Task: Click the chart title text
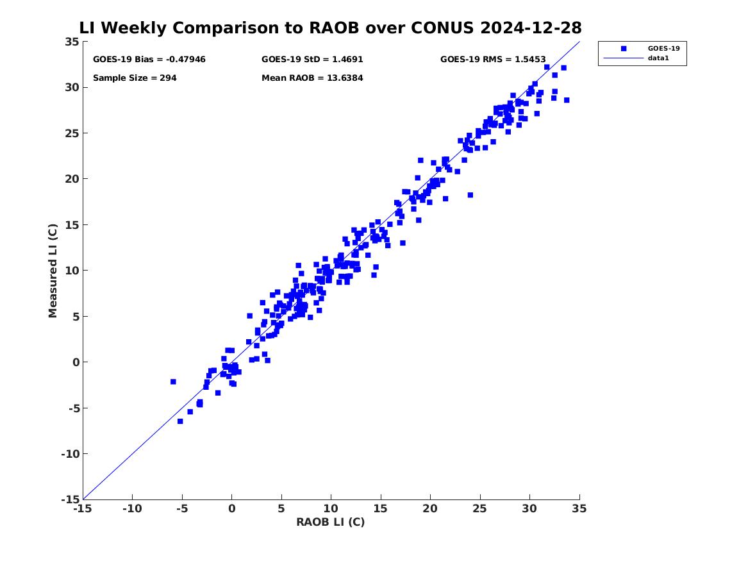point(330,28)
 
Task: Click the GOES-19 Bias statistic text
point(149,60)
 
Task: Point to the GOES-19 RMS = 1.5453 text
point(493,60)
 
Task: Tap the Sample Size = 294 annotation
point(135,78)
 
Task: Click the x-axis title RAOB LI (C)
point(330,523)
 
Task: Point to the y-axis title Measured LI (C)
point(54,271)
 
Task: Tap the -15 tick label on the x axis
point(83,509)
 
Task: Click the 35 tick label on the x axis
point(579,509)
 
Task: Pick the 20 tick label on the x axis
point(430,509)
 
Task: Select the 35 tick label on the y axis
point(72,42)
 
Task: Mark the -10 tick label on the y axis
point(68,454)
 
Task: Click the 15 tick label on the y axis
point(72,225)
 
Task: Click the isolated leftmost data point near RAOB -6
point(173,381)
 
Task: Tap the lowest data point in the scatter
point(180,421)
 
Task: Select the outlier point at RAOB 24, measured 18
point(470,195)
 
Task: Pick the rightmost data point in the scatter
point(567,100)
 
